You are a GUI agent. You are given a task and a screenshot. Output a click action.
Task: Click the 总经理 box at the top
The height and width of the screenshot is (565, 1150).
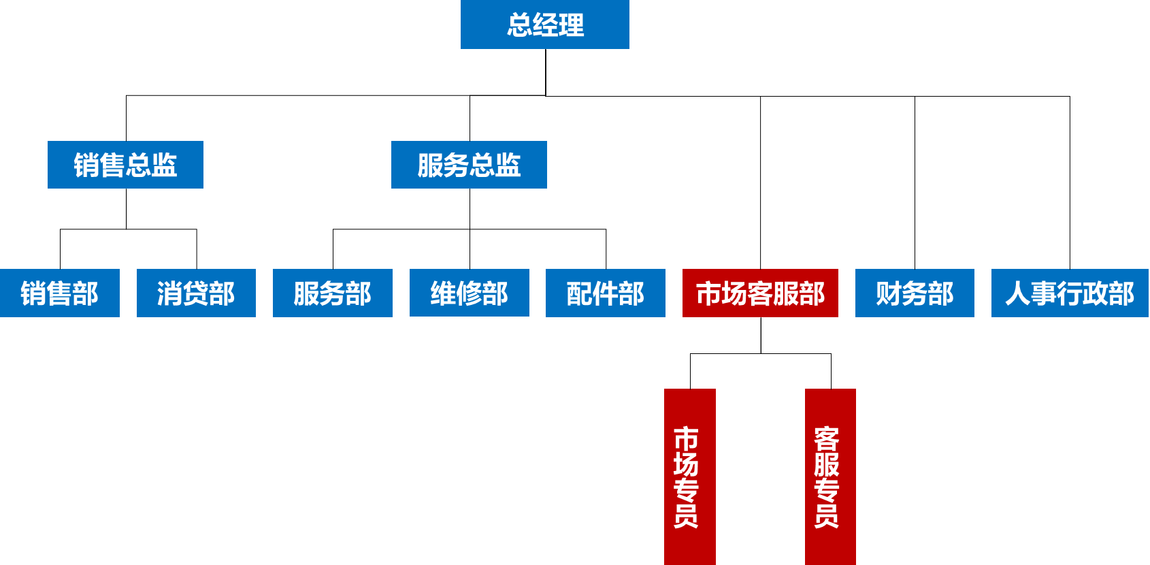[544, 25]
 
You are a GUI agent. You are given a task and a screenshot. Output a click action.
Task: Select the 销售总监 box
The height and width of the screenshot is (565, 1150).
[125, 165]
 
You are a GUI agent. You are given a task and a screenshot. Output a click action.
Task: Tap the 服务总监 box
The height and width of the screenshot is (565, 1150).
[469, 165]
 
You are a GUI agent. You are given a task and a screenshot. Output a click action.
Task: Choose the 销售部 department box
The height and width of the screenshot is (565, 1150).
[60, 293]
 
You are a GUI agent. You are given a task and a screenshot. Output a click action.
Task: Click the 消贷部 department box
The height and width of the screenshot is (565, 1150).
[196, 293]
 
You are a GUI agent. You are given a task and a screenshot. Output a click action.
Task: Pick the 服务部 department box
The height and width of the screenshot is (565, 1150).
[333, 293]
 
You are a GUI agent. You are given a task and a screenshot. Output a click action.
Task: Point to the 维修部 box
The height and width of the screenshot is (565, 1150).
[470, 293]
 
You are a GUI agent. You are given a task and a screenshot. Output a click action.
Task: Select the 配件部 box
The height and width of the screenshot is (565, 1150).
[606, 293]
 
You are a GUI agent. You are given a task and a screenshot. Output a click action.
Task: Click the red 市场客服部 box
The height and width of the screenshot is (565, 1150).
[760, 293]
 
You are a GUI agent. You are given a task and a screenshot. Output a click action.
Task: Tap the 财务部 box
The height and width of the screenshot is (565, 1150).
[915, 293]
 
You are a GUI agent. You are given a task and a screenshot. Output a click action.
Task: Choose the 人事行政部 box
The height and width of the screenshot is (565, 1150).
[1070, 293]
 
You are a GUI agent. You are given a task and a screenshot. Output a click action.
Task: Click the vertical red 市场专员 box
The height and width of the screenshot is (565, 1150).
[689, 477]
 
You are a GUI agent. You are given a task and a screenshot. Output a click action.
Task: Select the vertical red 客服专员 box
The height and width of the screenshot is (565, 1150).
[830, 477]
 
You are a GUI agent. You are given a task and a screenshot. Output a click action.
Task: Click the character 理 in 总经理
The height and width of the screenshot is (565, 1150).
[572, 25]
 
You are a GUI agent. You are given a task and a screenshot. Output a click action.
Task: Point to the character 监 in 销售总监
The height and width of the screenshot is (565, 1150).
[165, 165]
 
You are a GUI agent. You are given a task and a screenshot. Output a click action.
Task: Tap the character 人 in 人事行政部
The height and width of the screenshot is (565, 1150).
[1018, 293]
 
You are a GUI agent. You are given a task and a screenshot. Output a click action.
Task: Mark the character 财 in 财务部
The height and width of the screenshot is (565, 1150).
[889, 293]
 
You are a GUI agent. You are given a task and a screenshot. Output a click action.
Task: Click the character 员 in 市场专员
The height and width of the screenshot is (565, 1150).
[686, 516]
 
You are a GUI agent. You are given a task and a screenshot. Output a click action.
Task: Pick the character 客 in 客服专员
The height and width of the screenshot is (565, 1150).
[827, 438]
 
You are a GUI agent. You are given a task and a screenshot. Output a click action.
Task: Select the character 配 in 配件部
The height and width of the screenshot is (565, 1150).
[580, 293]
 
